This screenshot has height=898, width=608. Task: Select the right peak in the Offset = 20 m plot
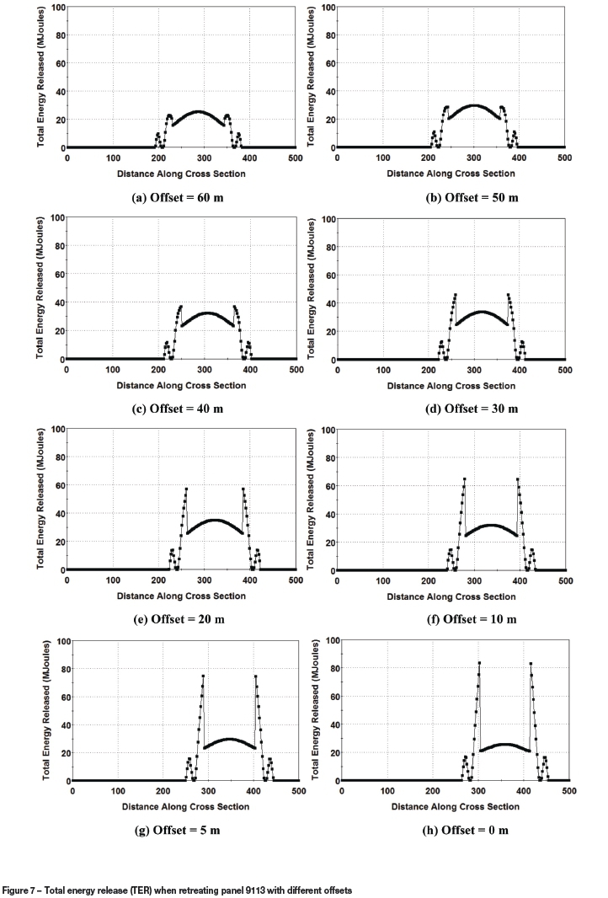click(243, 489)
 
